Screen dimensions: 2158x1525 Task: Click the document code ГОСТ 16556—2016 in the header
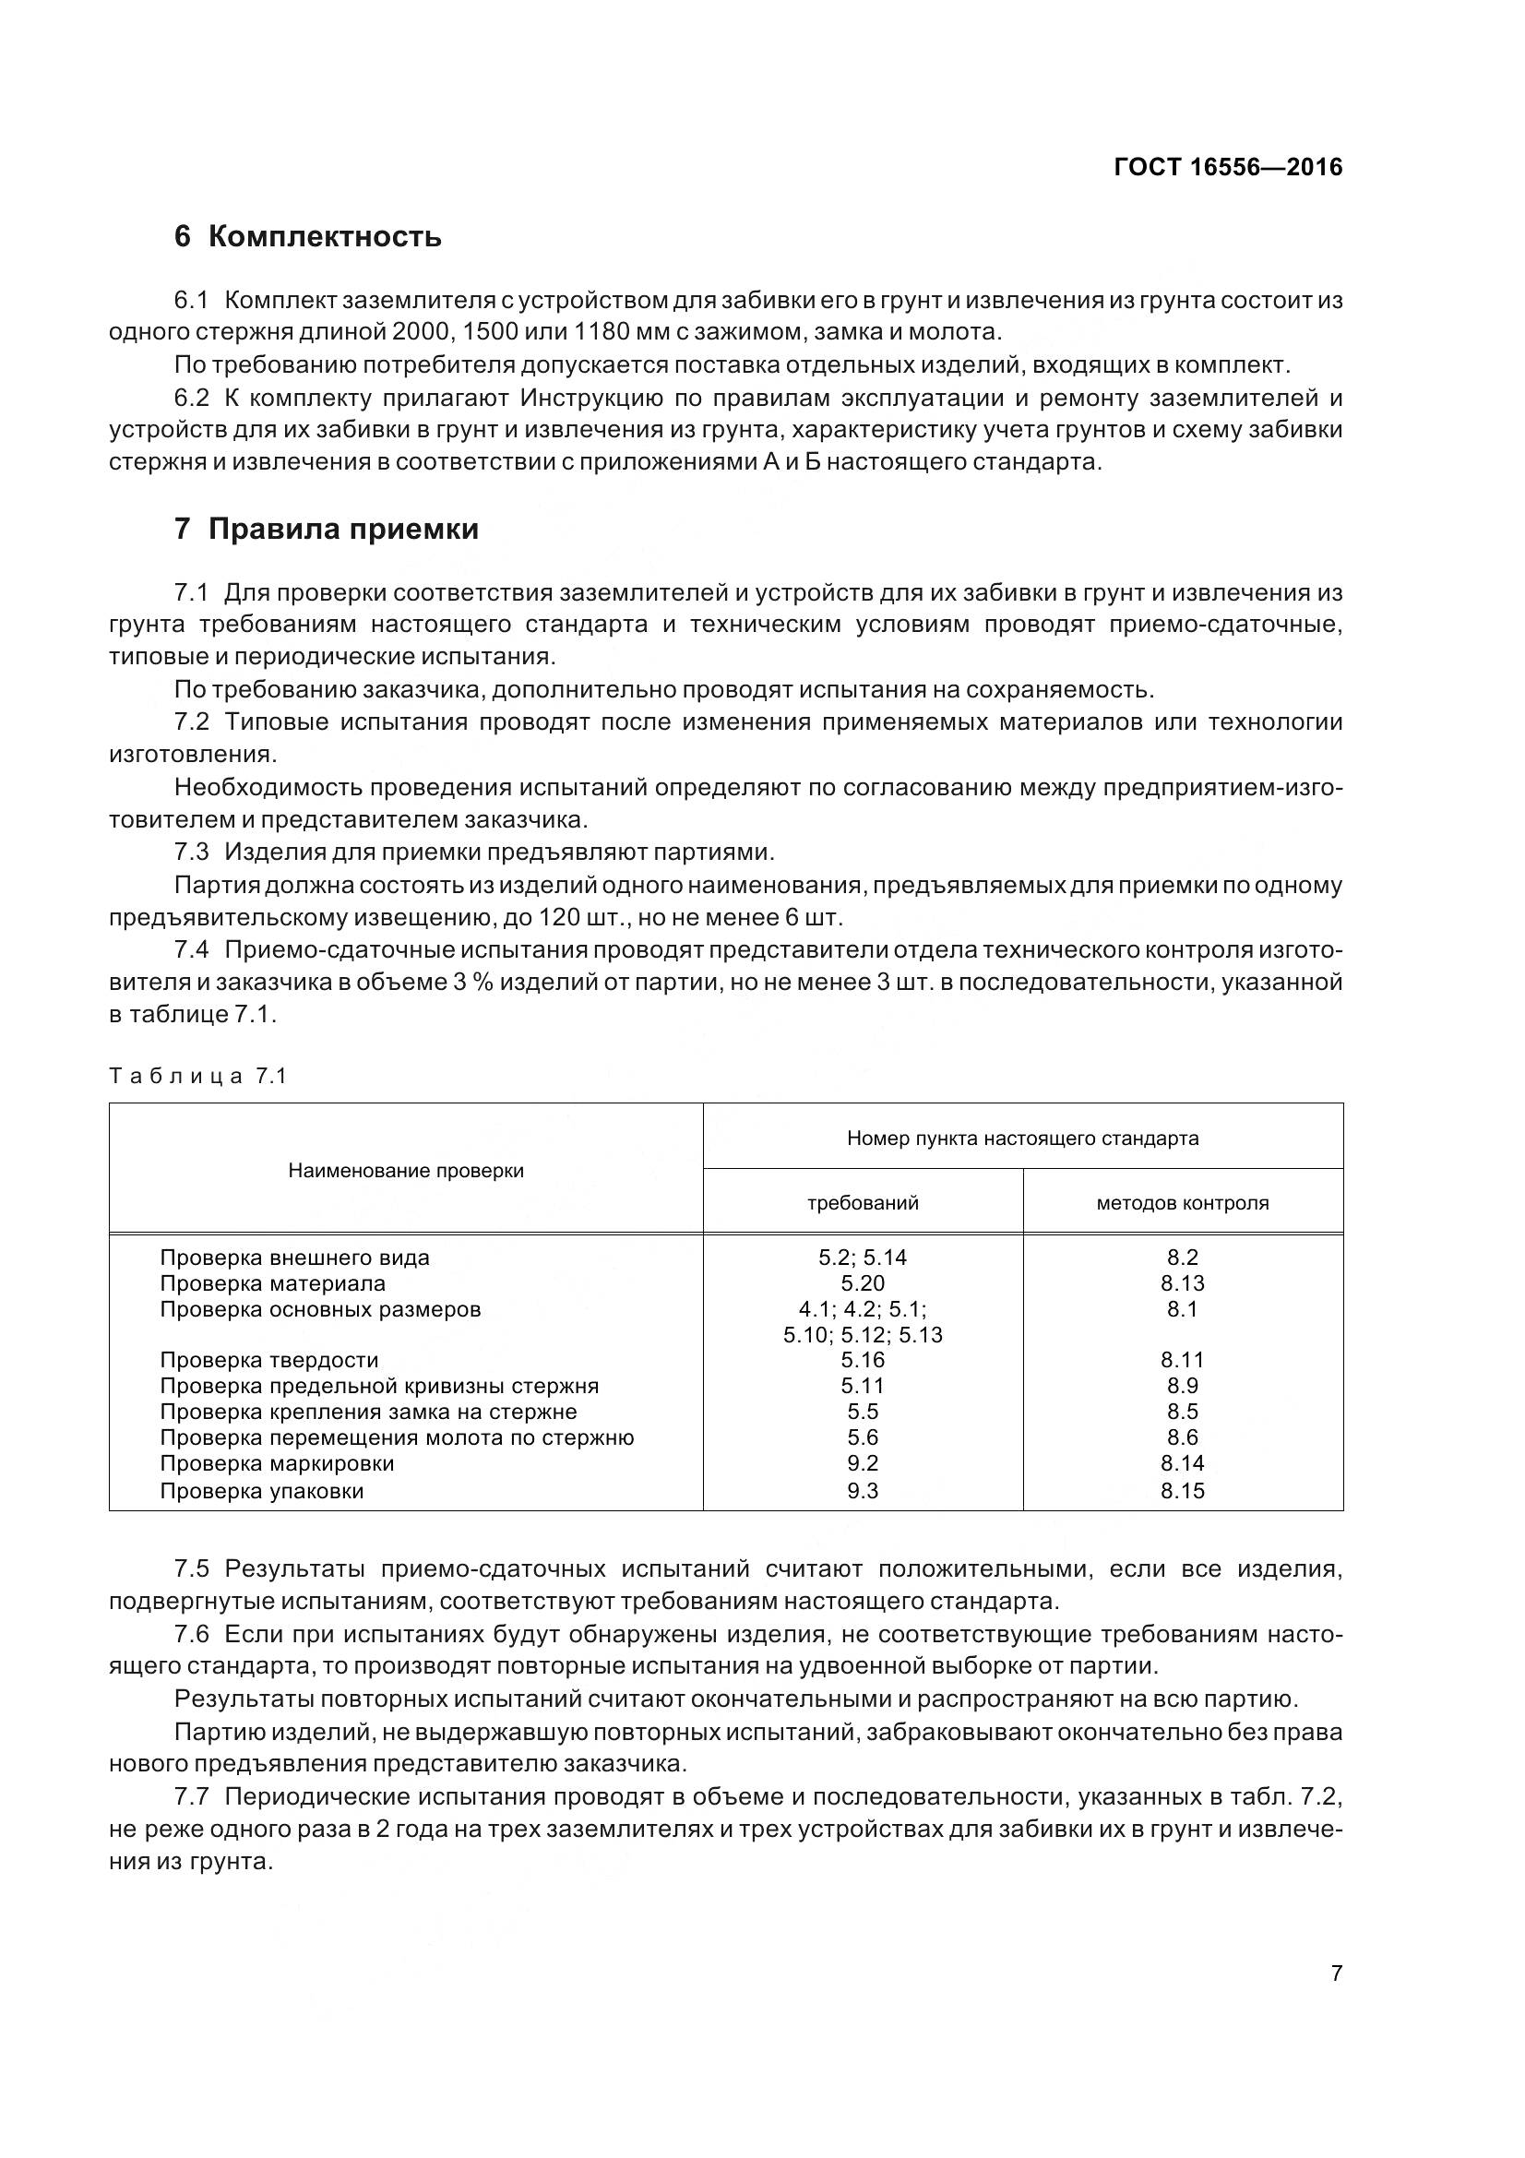coord(1227,167)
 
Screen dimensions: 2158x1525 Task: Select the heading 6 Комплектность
coord(307,236)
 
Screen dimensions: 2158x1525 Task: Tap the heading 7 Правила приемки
coord(326,530)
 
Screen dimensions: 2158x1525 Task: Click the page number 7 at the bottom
coord(1336,1973)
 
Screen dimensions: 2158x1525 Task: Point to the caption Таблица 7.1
coord(197,1076)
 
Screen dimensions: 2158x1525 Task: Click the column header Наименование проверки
coord(406,1170)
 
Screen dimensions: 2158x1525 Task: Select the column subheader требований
coord(863,1202)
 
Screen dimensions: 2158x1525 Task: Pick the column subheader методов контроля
coord(1182,1202)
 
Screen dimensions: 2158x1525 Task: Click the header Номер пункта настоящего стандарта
coord(1022,1139)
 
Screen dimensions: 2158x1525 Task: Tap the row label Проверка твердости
coord(269,1360)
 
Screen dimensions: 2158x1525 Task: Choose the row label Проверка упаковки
coord(262,1491)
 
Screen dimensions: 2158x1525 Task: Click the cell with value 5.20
coord(863,1283)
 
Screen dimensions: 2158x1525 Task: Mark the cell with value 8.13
coord(1182,1283)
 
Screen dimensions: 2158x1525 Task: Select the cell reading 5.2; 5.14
coord(863,1258)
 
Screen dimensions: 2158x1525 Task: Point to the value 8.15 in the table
coord(1182,1491)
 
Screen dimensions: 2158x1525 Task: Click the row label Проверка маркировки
coord(277,1463)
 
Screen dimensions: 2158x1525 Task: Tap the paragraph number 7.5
coord(193,1568)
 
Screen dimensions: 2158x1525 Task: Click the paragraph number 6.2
coord(193,399)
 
